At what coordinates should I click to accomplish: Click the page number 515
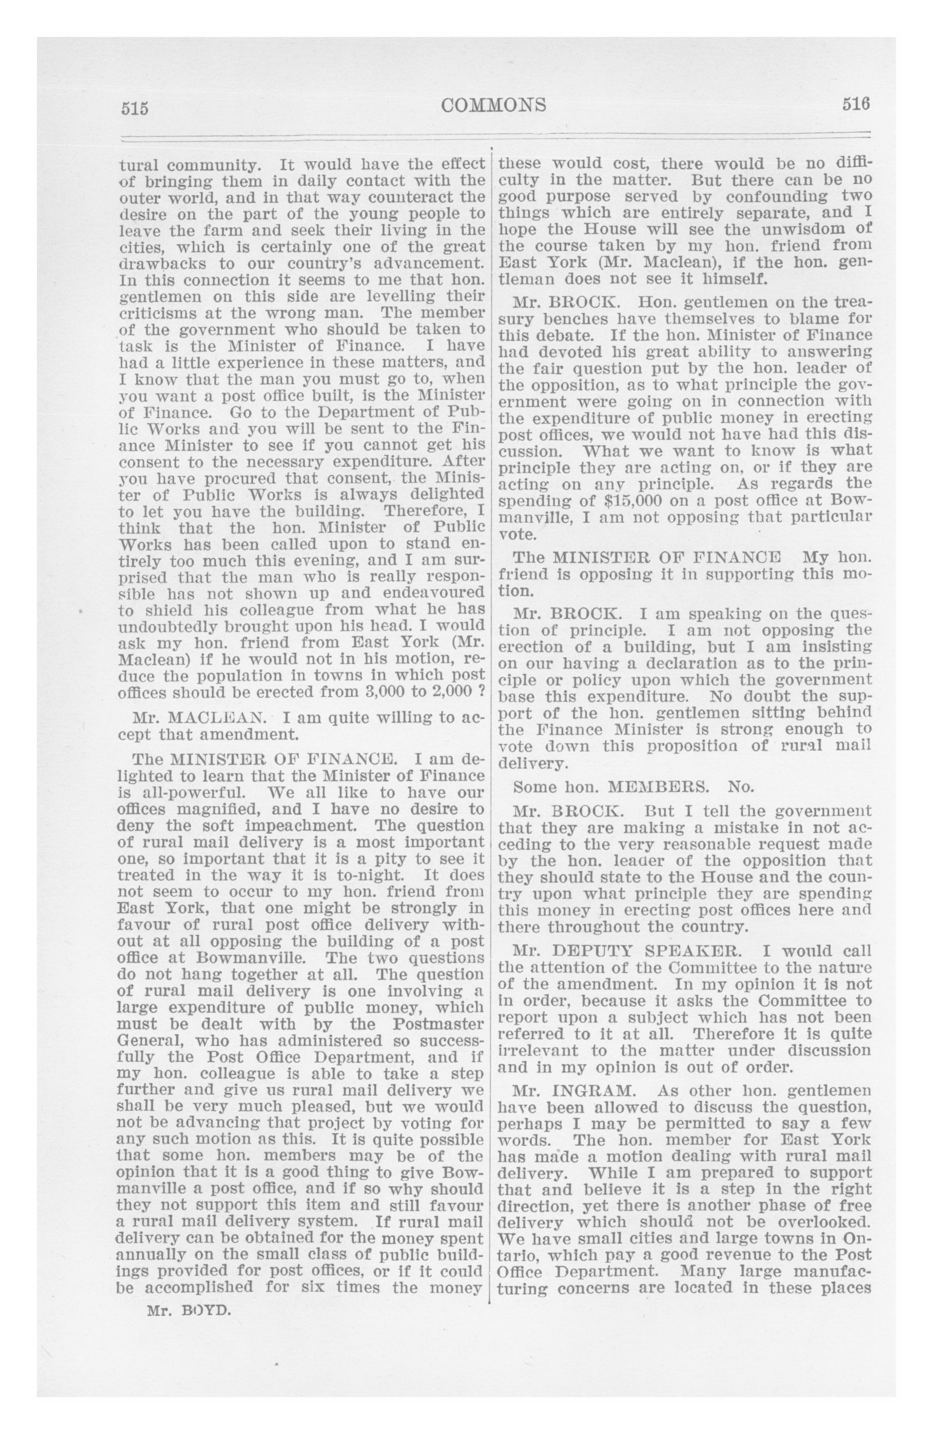pyautogui.click(x=135, y=108)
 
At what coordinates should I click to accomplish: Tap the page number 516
pyautogui.click(x=856, y=105)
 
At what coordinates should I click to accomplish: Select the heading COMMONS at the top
pyautogui.click(x=494, y=106)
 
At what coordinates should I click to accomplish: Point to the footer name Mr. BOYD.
pyautogui.click(x=189, y=1309)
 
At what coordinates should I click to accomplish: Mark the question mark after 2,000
pyautogui.click(x=481, y=691)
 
